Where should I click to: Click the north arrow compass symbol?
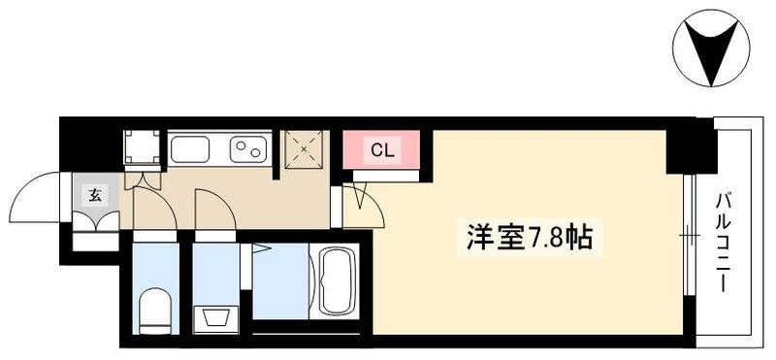click(x=711, y=48)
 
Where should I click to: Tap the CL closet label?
click(x=382, y=150)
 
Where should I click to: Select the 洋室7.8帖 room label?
click(x=529, y=238)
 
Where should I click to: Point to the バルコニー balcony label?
click(x=723, y=243)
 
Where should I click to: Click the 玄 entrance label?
click(x=95, y=196)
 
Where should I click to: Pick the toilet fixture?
click(x=155, y=310)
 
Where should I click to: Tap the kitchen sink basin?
click(x=189, y=148)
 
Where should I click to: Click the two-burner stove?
click(x=248, y=148)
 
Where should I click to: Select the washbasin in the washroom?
click(x=214, y=318)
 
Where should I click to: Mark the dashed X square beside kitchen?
click(x=305, y=149)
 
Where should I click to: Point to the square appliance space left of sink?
click(x=142, y=147)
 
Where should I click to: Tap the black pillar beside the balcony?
click(x=692, y=146)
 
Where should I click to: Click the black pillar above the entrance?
click(x=90, y=144)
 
